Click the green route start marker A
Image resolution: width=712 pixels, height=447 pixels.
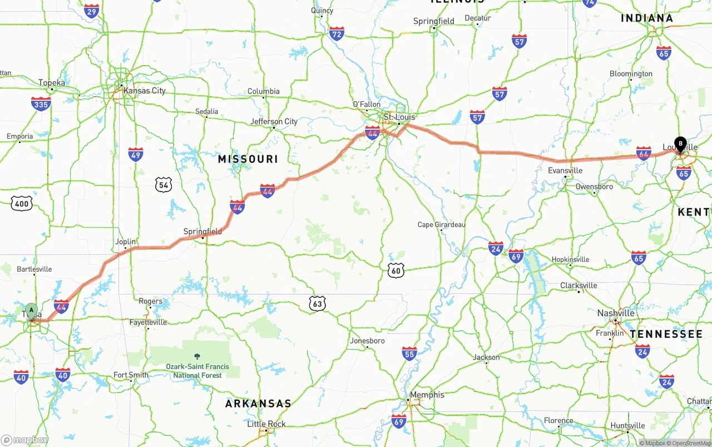[32, 310]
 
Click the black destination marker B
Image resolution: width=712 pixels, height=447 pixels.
[680, 143]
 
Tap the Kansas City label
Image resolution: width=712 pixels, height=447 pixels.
[144, 91]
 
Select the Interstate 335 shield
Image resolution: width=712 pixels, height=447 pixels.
[41, 104]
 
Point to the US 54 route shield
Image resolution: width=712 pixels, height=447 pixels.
[164, 185]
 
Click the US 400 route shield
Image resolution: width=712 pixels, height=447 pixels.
[22, 204]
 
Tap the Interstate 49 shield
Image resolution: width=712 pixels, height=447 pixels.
[136, 154]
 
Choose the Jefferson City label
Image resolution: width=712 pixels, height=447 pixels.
[274, 121]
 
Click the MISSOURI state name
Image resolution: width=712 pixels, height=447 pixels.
[248, 159]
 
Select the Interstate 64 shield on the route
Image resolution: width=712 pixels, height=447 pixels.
[644, 153]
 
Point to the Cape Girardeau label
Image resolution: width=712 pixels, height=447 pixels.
[442, 225]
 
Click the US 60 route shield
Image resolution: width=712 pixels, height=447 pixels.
[396, 271]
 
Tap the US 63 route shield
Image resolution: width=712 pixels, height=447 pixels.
[317, 303]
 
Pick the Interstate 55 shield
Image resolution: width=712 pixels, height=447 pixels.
[409, 353]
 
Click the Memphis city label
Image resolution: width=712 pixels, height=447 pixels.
[427, 395]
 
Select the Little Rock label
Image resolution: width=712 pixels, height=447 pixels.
[266, 424]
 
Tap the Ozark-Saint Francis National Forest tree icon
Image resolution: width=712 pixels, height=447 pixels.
[197, 356]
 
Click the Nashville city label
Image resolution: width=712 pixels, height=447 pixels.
[616, 313]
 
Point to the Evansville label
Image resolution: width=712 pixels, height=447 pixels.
[565, 170]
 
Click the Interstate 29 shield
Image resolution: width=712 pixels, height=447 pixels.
[92, 11]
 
